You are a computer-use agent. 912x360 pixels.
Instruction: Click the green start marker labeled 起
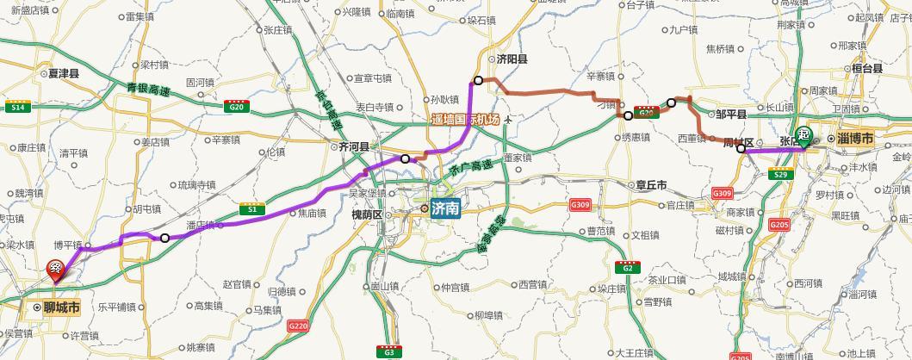803,135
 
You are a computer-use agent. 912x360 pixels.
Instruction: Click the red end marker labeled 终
56,270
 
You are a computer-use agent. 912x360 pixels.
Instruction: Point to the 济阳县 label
512,59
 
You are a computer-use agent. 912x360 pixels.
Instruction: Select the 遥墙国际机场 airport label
466,119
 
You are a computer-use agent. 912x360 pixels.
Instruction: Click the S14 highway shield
16,107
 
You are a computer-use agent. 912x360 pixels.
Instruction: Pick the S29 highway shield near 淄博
780,176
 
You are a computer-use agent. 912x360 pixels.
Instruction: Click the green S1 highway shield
252,209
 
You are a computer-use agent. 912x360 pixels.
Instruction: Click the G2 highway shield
628,268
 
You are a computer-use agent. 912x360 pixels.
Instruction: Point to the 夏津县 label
64,74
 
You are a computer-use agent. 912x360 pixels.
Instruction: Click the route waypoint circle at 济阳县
478,80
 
